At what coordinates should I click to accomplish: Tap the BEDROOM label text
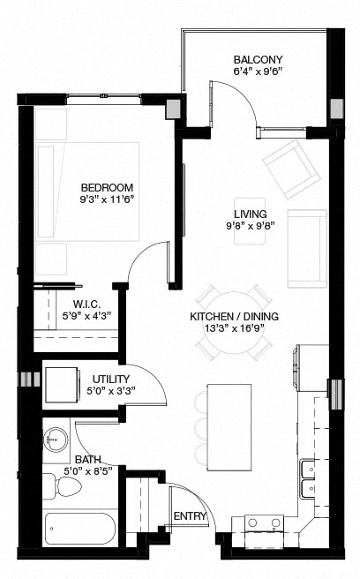(107, 187)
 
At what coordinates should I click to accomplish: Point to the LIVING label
(250, 214)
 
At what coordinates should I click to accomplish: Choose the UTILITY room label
(109, 380)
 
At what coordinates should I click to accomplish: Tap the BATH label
(86, 460)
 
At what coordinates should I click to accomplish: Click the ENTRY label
(190, 515)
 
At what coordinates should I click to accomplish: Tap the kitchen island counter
(229, 425)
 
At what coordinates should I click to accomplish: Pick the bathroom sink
(57, 440)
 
